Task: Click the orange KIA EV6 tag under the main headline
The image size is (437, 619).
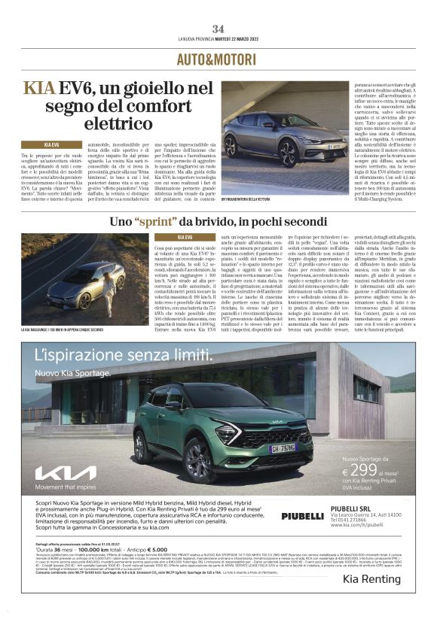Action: pyautogui.click(x=51, y=144)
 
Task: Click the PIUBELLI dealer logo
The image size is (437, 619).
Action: pyautogui.click(x=302, y=516)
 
